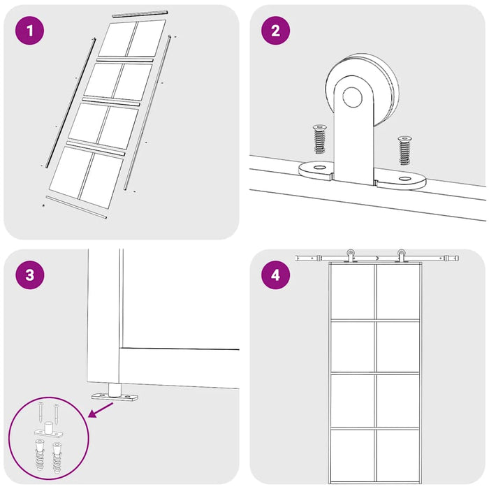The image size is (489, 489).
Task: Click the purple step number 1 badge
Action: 29,31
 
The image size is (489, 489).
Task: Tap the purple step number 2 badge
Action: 275,31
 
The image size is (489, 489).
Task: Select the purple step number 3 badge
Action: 29,275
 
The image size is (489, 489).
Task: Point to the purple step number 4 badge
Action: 275,275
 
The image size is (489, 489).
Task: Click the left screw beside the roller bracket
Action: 319,139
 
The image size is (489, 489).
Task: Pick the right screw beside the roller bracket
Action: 404,151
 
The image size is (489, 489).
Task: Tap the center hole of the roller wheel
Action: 352,96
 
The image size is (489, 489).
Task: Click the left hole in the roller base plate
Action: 319,168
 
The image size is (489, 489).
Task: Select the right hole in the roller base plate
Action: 404,179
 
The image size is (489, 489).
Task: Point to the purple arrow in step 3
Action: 101,409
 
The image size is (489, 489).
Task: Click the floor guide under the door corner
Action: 115,393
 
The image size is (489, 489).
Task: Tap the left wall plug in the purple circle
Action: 40,454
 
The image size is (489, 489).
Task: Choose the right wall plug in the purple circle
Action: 57,458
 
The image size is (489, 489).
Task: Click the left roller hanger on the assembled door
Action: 351,256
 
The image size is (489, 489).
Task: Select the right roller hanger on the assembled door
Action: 401,256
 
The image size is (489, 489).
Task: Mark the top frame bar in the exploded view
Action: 140,14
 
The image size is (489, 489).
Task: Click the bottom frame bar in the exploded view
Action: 76,207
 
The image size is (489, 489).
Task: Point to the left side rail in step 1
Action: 71,102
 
